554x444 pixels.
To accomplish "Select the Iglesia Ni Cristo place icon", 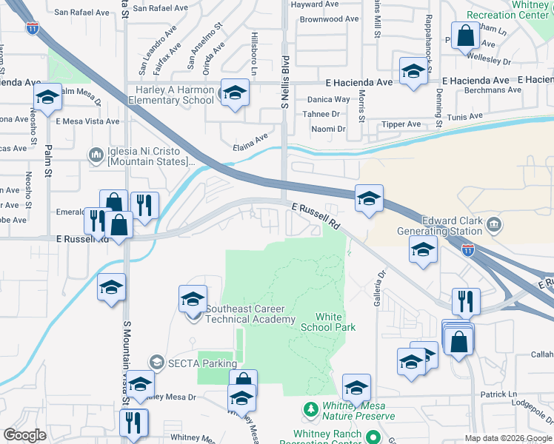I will pyautogui.click(x=96, y=155).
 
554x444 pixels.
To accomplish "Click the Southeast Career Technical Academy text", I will pyautogui.click(x=250, y=314).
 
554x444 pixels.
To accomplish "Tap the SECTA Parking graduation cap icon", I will pyautogui.click(x=156, y=362).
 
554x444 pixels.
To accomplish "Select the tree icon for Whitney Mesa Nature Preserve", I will pyautogui.click(x=311, y=409).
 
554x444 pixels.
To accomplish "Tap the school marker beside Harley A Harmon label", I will pyautogui.click(x=235, y=92).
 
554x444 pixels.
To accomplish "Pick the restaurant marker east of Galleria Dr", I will pyautogui.click(x=466, y=300).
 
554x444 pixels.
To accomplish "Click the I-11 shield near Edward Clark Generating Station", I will pyautogui.click(x=468, y=252).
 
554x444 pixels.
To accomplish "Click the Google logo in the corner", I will pyautogui.click(x=24, y=435).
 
